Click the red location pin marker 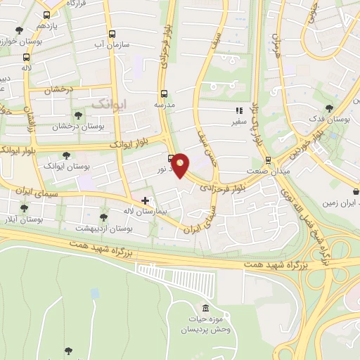coord(181,165)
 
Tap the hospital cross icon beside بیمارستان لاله coord(146,201)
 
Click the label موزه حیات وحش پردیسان coord(205,324)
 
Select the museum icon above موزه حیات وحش coord(205,309)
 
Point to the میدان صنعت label coord(267,171)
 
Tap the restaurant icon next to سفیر coord(240,110)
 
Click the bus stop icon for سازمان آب coord(111,34)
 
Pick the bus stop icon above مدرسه coord(164,93)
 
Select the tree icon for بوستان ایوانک coord(67,155)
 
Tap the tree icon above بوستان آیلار coord(24,208)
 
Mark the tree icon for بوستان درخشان coord(77,115)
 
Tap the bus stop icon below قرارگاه coord(47,15)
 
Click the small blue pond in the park coord(95,292)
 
